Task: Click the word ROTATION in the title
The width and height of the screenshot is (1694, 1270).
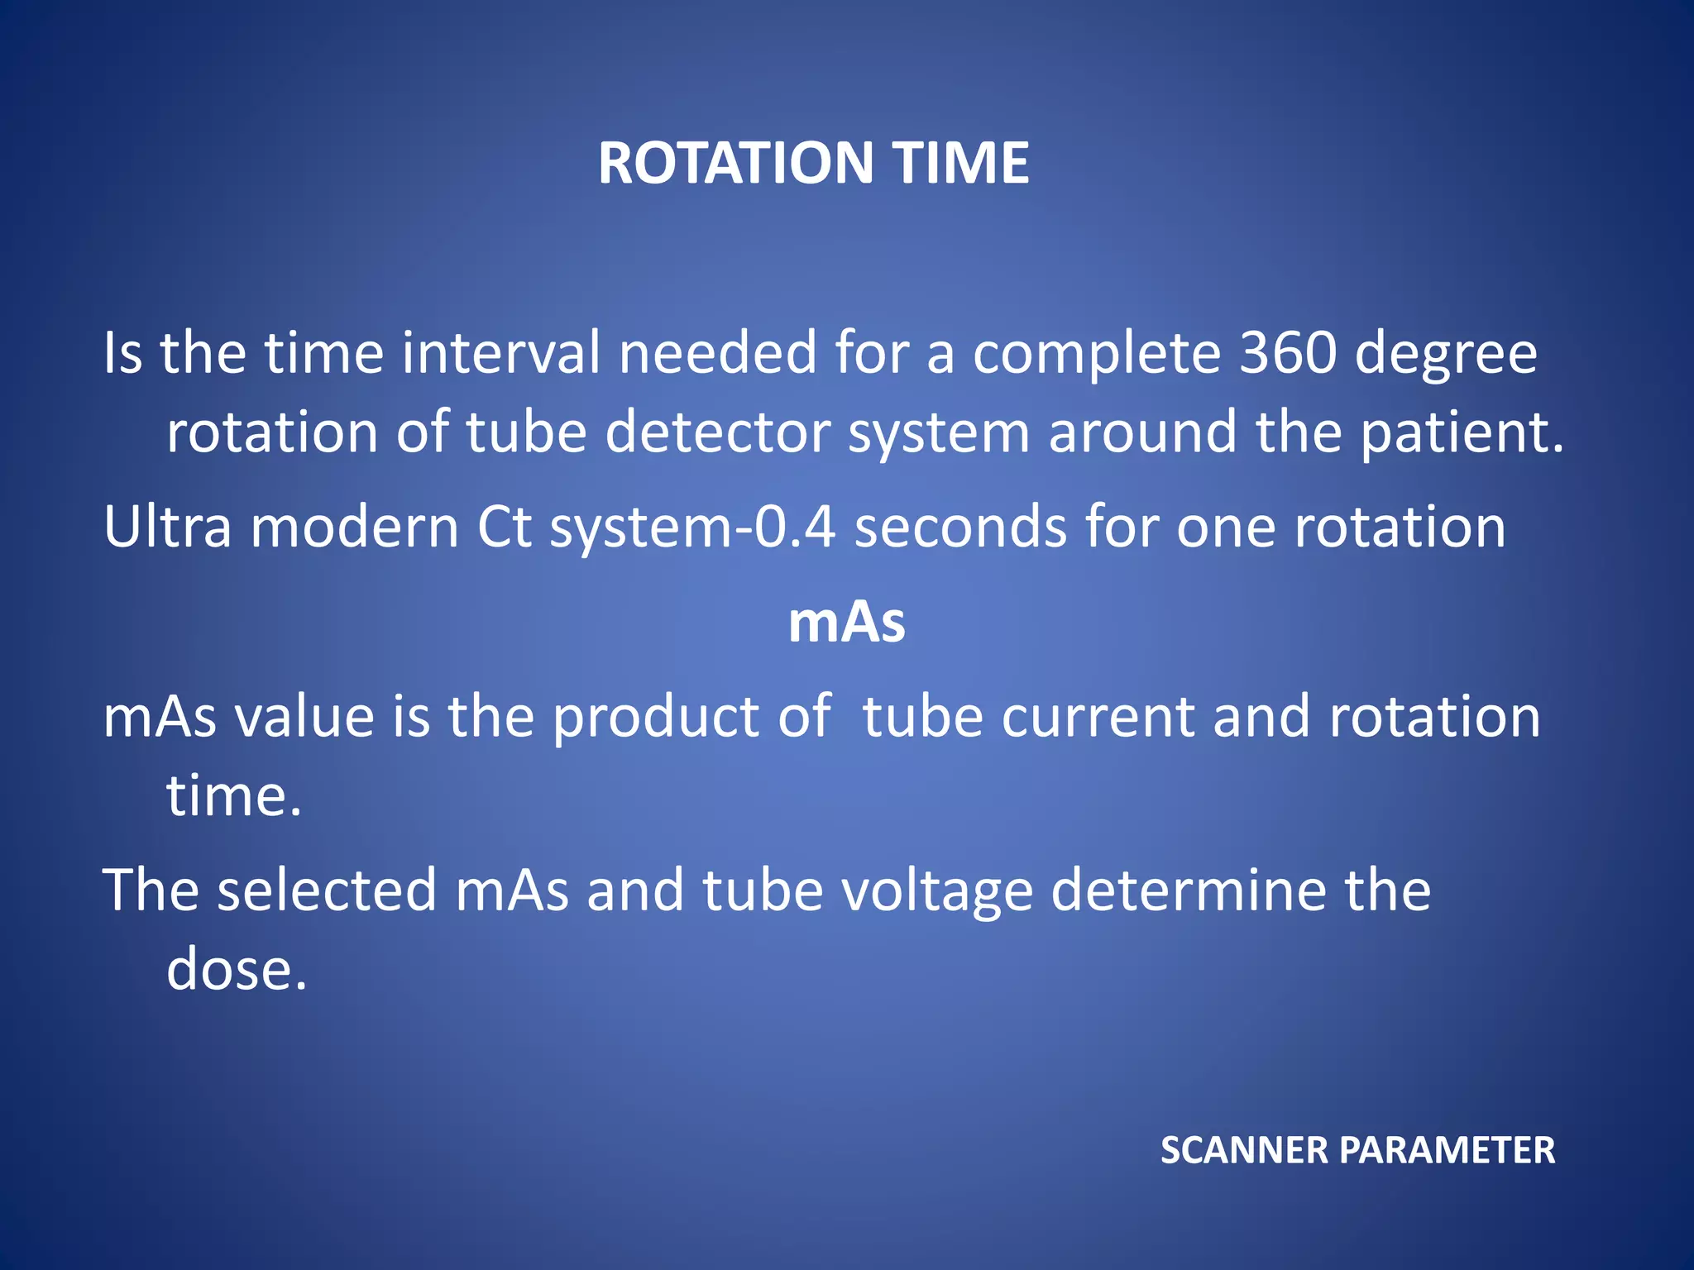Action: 735,163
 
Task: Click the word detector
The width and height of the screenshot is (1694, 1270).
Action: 717,432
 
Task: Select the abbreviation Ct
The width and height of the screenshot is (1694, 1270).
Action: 504,527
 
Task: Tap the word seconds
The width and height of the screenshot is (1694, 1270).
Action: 960,527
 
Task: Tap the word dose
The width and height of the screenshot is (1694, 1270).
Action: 236,970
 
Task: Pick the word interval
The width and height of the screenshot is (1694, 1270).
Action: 501,353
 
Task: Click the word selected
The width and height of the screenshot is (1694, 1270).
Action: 327,890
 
